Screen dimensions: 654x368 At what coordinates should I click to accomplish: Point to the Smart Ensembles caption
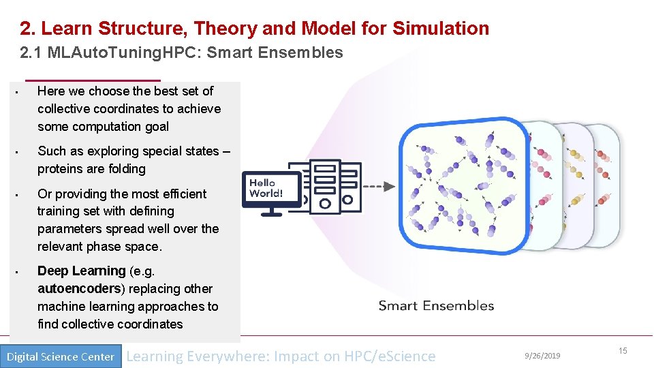click(x=436, y=305)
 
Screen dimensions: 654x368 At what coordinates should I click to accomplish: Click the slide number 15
click(x=622, y=350)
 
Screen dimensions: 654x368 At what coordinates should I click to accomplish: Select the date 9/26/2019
click(x=542, y=356)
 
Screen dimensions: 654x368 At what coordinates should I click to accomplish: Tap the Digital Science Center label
click(x=60, y=356)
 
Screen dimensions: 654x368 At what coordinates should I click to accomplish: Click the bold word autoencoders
click(x=80, y=289)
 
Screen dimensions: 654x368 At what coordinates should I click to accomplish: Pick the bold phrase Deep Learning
click(x=81, y=271)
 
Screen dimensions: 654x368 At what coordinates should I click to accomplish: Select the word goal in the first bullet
click(x=155, y=127)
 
